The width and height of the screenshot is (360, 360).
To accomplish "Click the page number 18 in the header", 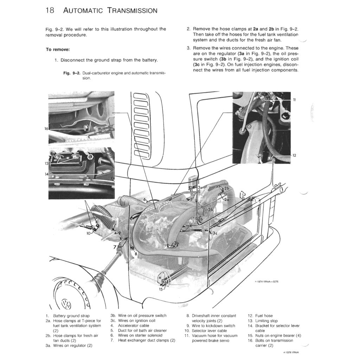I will pyautogui.click(x=50, y=10).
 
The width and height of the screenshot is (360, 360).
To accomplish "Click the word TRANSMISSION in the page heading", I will pyautogui.click(x=133, y=11).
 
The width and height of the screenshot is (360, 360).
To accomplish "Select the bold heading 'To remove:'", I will pyautogui.click(x=58, y=49).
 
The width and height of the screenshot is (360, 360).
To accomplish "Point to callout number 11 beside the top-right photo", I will pyautogui.click(x=295, y=100).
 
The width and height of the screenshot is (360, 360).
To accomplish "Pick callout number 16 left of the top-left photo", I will pyautogui.click(x=46, y=129).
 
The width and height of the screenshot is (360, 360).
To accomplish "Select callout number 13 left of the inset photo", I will pyautogui.click(x=46, y=163).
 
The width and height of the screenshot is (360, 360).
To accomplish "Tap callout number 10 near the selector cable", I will pyautogui.click(x=89, y=233).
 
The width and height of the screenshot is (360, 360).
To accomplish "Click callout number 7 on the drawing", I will pyautogui.click(x=114, y=247).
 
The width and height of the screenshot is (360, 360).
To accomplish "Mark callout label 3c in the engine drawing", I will pyautogui.click(x=214, y=233).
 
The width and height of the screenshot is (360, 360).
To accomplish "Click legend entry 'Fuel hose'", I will pyautogui.click(x=264, y=316).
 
